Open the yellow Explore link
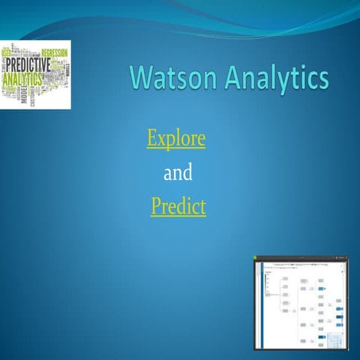(176, 139)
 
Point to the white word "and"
(178, 174)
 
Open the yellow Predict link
(178, 206)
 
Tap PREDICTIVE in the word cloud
(28, 64)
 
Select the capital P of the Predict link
(156, 205)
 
